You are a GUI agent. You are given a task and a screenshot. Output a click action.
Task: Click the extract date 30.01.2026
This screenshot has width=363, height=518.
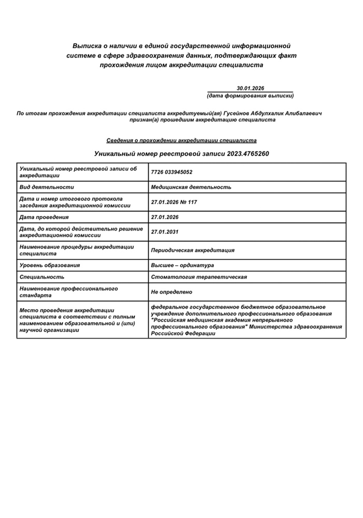coord(250,89)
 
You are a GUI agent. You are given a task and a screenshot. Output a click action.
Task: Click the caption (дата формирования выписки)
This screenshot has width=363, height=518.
coord(250,96)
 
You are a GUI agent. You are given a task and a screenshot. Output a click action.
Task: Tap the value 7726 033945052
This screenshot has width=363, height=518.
coord(172,172)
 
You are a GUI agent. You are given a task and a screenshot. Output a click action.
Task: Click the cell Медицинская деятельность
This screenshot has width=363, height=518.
coord(191,187)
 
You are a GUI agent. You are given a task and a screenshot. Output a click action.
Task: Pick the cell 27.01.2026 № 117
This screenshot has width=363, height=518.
coord(176,202)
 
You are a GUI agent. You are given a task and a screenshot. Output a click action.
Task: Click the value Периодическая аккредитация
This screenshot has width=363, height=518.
coord(192,250)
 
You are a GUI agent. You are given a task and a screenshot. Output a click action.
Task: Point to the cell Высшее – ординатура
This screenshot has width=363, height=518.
coord(182,265)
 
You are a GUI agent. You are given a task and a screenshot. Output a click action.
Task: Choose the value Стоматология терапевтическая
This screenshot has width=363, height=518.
coord(199,277)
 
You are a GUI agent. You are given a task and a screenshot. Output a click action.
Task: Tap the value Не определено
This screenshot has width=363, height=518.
coord(172,292)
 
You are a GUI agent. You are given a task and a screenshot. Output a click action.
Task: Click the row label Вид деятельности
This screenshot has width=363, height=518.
coord(47,187)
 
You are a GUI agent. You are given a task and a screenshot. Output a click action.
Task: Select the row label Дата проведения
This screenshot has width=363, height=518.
coord(44,217)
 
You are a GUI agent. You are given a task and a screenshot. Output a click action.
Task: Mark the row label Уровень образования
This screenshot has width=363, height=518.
coord(50,265)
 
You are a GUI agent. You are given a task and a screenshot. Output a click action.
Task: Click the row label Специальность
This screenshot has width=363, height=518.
coord(42,277)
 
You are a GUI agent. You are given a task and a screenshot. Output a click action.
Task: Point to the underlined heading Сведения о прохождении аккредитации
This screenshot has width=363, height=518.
coord(181,140)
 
